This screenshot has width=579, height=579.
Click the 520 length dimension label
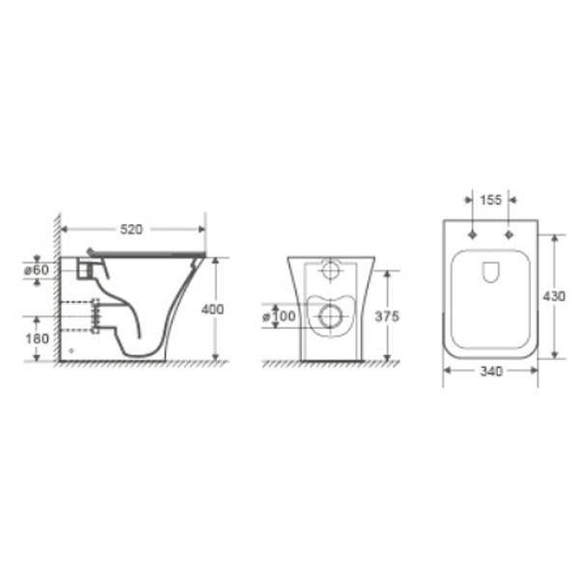(131, 230)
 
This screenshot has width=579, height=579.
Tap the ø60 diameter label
(37, 270)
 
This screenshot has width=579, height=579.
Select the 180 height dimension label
(37, 339)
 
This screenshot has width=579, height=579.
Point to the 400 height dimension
(212, 309)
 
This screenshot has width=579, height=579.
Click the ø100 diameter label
(280, 317)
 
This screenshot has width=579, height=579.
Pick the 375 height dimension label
(387, 317)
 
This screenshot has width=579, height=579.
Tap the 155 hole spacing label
(491, 200)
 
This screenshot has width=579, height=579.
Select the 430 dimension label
(554, 296)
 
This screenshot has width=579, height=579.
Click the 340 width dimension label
(491, 372)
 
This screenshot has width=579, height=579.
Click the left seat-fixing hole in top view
(473, 234)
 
